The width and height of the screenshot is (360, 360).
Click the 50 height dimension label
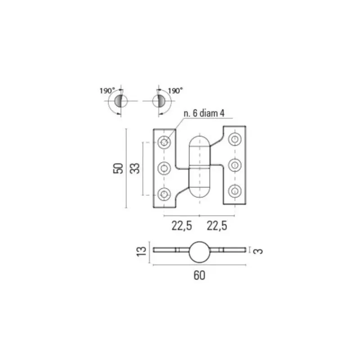pos(118,168)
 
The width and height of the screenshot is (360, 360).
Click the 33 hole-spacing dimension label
pos(135,168)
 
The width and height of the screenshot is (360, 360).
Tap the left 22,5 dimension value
pos(182,226)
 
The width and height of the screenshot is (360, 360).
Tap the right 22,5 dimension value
pos(217,226)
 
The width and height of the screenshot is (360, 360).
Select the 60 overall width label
pos(199,275)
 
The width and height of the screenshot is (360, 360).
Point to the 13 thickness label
pos(141,252)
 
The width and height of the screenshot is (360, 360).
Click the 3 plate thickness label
pos(258,251)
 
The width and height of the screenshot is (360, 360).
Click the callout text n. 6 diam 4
pos(204,113)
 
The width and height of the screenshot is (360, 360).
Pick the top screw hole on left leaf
pos(164,142)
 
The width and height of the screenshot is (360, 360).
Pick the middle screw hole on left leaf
pos(164,168)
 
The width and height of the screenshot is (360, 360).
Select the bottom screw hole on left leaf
pos(164,194)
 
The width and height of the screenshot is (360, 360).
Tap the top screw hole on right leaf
pos(234,139)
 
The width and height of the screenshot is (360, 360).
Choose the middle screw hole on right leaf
pos(234,165)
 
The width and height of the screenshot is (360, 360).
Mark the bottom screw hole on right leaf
pos(234,191)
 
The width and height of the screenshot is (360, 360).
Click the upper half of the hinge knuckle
pos(199,152)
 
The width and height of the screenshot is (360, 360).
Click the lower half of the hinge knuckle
pos(199,183)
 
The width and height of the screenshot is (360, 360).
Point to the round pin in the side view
pos(199,252)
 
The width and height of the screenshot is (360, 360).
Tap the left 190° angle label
pos(107,91)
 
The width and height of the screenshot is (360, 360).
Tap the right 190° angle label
pos(175,91)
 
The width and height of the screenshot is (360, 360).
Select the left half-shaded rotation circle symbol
pos(121,101)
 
